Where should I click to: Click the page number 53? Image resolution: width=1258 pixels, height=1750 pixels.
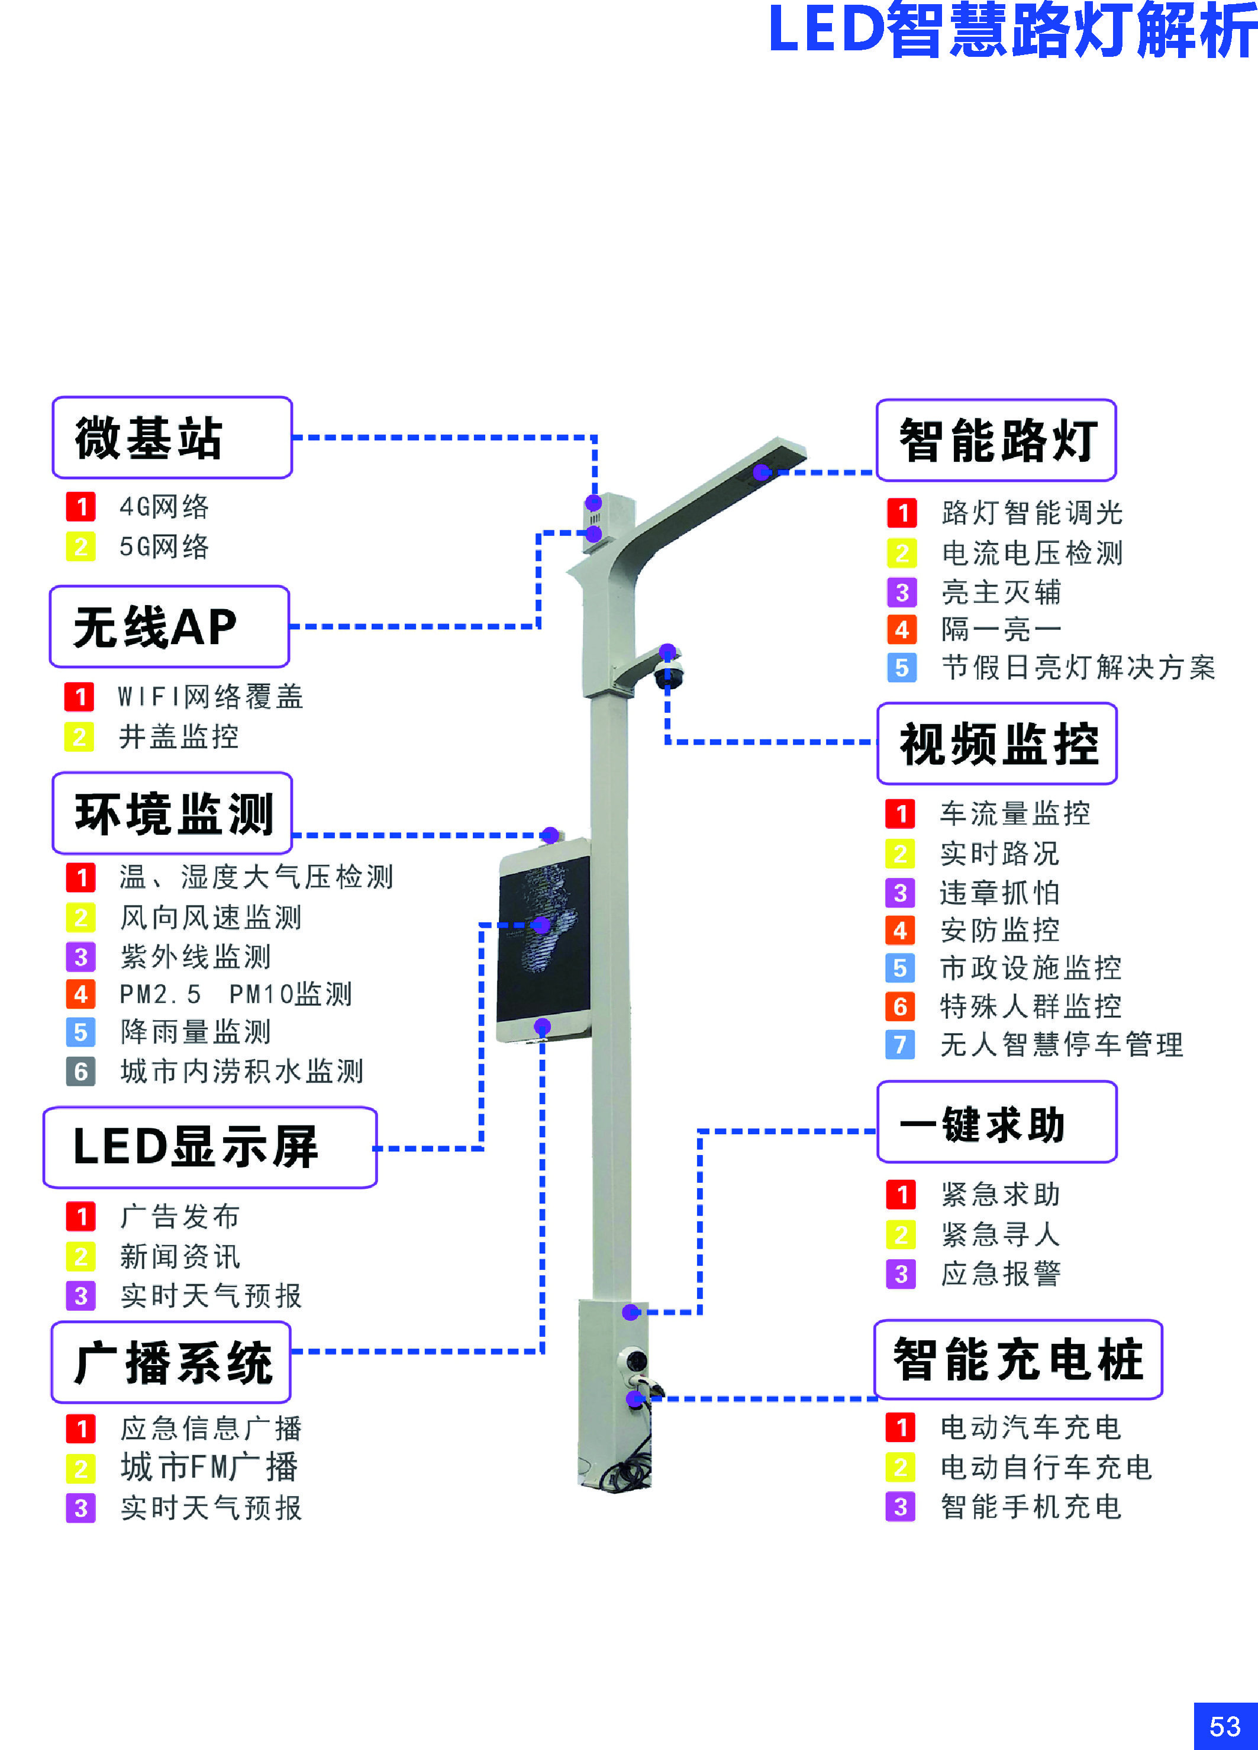pos(1225,1726)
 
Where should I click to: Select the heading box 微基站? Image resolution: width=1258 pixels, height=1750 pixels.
pos(172,437)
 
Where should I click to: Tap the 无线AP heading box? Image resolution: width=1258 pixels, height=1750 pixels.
pos(169,626)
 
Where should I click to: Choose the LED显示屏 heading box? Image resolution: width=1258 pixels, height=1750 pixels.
pos(210,1147)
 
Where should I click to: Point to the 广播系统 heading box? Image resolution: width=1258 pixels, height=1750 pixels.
pos(171,1362)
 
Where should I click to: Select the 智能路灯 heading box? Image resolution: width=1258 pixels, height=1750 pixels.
pos(996,440)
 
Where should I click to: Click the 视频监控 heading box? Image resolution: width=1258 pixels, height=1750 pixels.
pos(997,743)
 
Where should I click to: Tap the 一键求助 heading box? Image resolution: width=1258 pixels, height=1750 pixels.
pos(997,1121)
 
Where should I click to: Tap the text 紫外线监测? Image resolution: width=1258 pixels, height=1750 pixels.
pos(196,957)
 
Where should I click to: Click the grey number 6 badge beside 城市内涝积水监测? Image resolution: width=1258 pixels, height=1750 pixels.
pos(81,1071)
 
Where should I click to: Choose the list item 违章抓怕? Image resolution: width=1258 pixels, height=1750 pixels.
pos(999,893)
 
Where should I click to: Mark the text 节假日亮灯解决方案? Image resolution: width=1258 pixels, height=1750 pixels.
pos(1078,667)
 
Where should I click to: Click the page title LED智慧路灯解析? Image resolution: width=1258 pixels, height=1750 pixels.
pos(1012,31)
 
